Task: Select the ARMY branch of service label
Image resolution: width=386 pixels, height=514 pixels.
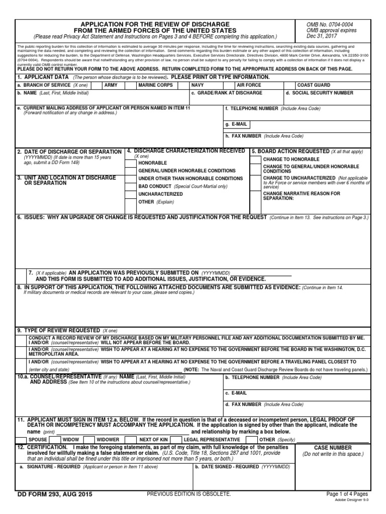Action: click(x=111, y=85)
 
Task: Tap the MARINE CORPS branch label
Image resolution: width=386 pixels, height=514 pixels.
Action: click(x=156, y=85)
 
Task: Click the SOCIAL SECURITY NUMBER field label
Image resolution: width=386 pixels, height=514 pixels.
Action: click(x=320, y=93)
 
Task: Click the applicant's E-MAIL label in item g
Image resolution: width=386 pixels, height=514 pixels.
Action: click(x=236, y=124)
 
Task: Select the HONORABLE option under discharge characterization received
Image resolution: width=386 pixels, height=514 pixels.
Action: click(x=153, y=163)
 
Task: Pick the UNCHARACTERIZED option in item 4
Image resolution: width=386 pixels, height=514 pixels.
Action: click(x=160, y=193)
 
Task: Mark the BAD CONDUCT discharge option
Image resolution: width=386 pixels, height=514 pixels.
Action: click(x=155, y=186)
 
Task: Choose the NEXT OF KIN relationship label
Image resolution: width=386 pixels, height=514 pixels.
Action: click(x=153, y=439)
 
